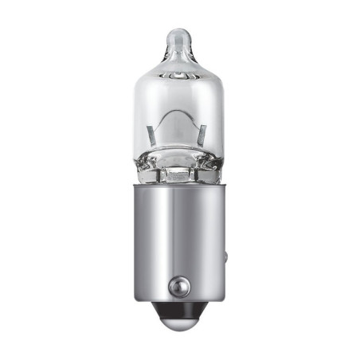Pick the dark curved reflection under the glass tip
click(181, 78)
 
